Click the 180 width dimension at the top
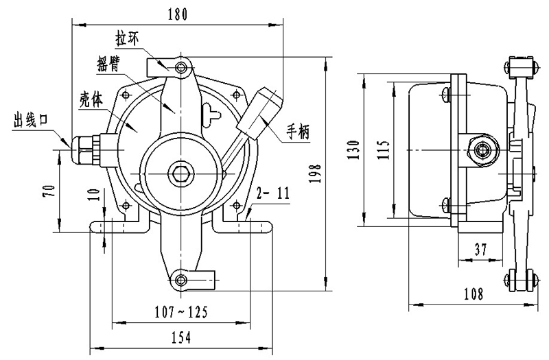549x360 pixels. [177, 14]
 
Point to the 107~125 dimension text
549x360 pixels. [180, 312]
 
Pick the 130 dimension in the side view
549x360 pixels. [353, 149]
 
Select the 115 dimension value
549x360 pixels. [383, 149]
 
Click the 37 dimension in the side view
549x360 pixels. [480, 250]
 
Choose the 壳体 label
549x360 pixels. [90, 97]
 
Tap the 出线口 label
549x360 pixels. [30, 121]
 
